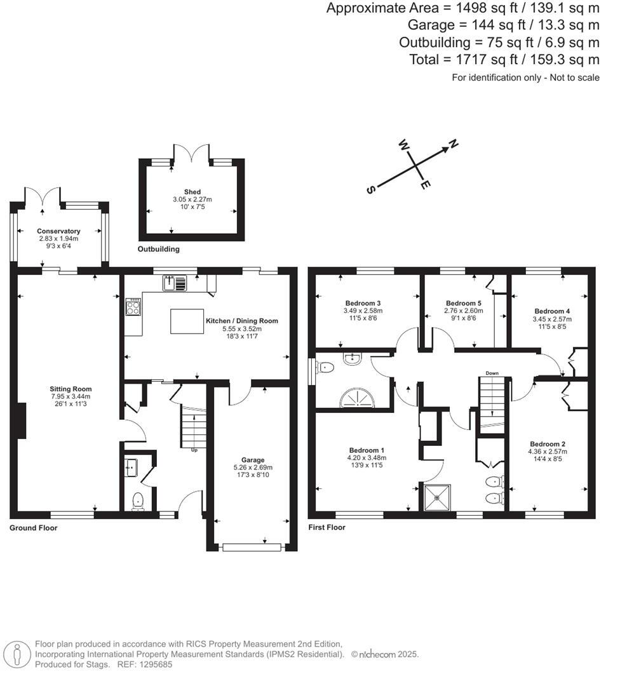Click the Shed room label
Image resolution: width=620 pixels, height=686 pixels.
point(192,192)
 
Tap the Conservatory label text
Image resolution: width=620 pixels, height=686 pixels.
point(58,231)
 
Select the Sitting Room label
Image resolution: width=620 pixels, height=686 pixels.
point(71,389)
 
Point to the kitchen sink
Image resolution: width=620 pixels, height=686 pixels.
point(174,283)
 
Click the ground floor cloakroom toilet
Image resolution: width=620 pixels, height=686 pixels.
point(138,502)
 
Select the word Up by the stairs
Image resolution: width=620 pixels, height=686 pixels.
point(194,450)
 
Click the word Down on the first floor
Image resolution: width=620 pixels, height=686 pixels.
point(492,373)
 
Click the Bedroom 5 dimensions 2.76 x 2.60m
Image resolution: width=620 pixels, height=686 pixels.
point(464,311)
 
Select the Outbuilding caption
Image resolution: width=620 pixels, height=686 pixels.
point(159,249)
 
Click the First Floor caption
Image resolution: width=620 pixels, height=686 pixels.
point(327,527)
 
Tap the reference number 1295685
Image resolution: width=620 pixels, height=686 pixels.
point(152,664)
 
